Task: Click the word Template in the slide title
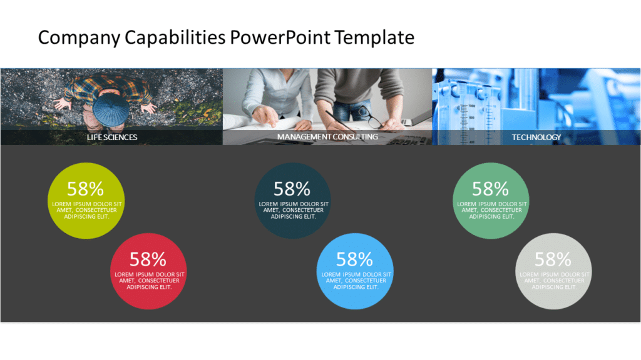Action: (374, 37)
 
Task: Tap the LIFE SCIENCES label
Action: (112, 137)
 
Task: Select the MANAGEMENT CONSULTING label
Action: (327, 136)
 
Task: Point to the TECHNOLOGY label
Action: (536, 137)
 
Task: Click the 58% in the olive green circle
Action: (85, 188)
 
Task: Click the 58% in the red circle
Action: (148, 259)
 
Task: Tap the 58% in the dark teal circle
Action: (292, 188)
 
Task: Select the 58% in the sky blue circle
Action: (354, 259)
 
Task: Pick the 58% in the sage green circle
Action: (490, 188)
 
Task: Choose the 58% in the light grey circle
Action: (553, 259)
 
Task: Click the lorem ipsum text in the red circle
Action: (149, 281)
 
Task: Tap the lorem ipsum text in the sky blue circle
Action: (356, 281)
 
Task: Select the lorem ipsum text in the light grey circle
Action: (554, 281)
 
